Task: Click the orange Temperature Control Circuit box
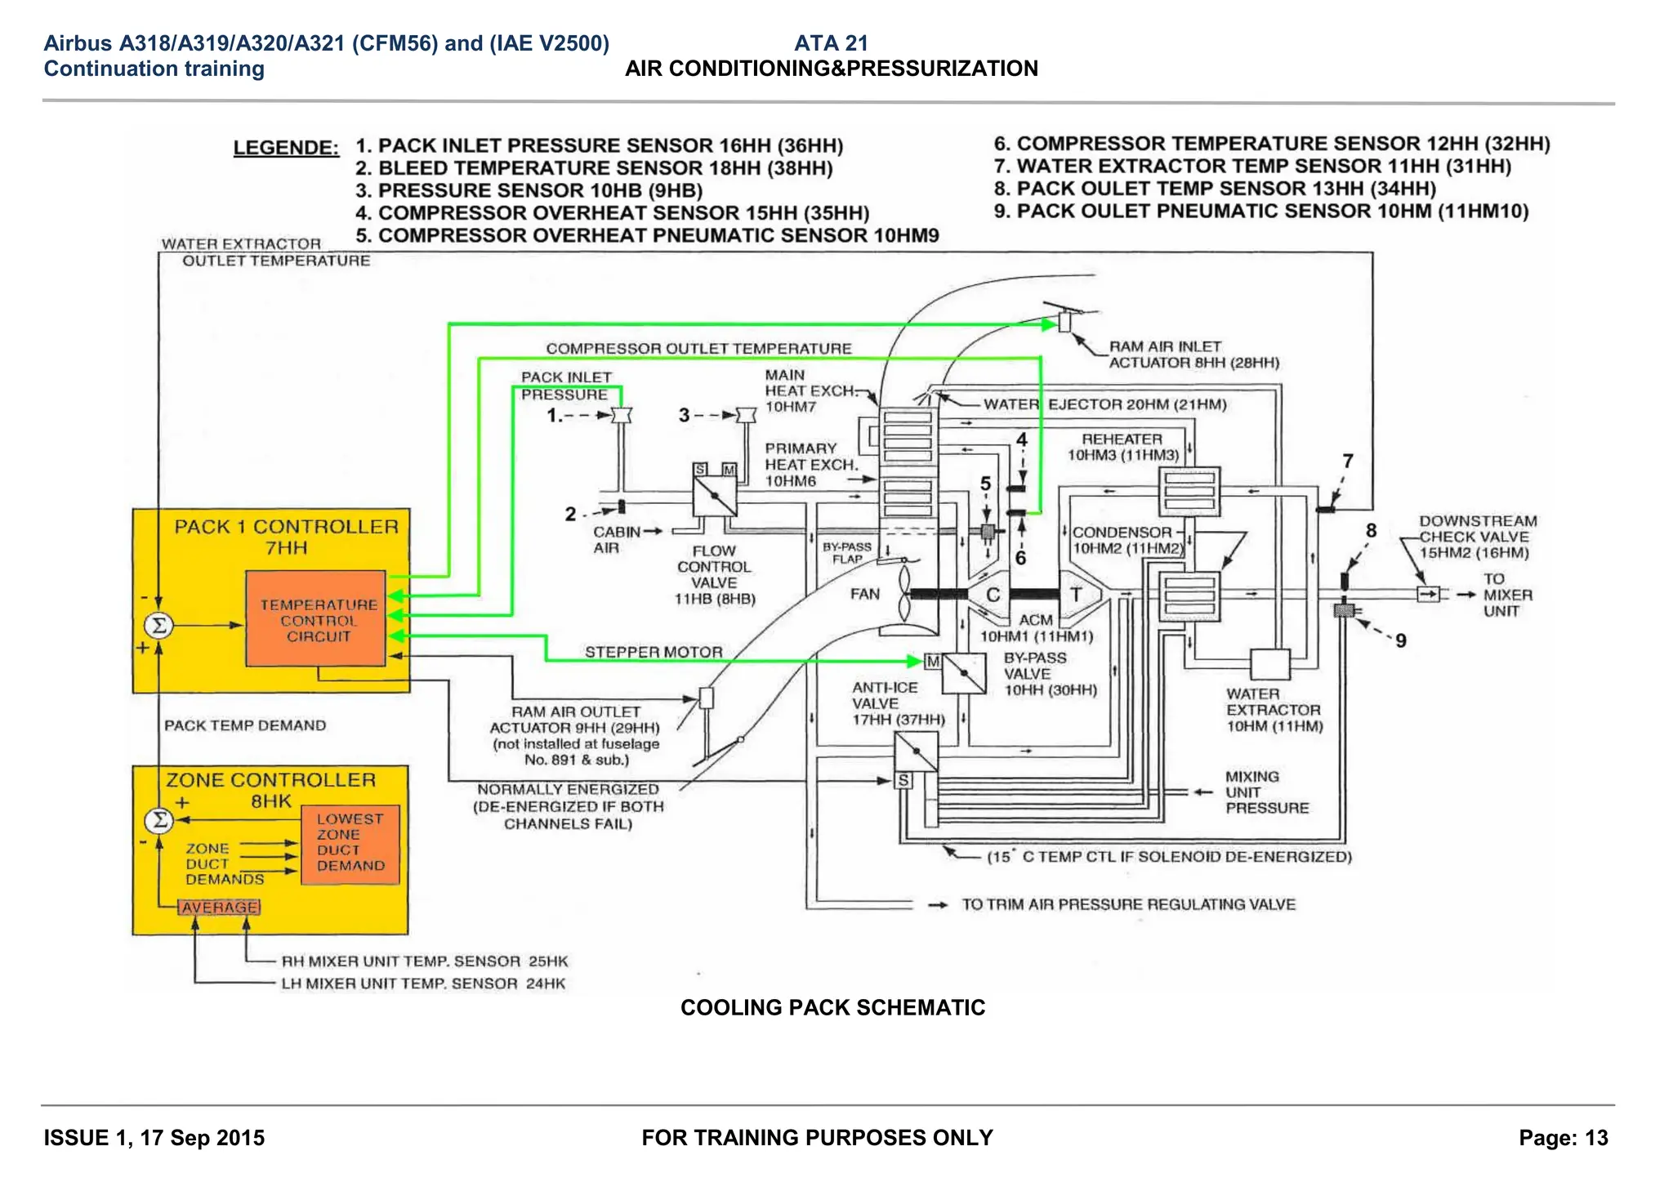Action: click(x=316, y=619)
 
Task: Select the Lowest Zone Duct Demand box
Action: click(x=350, y=843)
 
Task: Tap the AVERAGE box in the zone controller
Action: click(x=219, y=908)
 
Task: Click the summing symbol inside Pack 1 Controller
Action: click(x=159, y=626)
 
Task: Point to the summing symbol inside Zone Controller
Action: click(x=159, y=819)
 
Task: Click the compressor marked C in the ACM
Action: click(x=993, y=595)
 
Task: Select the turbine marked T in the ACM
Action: click(x=1077, y=595)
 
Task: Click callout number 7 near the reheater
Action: click(x=1347, y=462)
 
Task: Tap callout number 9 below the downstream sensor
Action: click(x=1400, y=641)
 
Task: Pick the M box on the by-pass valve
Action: click(x=932, y=661)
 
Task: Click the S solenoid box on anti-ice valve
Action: click(x=903, y=781)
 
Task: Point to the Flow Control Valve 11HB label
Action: click(x=714, y=575)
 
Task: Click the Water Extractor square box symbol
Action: click(x=1269, y=664)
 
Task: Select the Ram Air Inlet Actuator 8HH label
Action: click(x=1193, y=355)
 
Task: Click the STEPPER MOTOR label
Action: click(x=654, y=652)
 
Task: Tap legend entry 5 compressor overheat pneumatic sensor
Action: click(x=647, y=236)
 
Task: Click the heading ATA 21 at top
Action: click(x=831, y=43)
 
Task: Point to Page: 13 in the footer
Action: click(x=1563, y=1138)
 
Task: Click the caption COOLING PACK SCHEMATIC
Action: click(x=832, y=1007)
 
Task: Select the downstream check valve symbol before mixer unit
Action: click(x=1427, y=595)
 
